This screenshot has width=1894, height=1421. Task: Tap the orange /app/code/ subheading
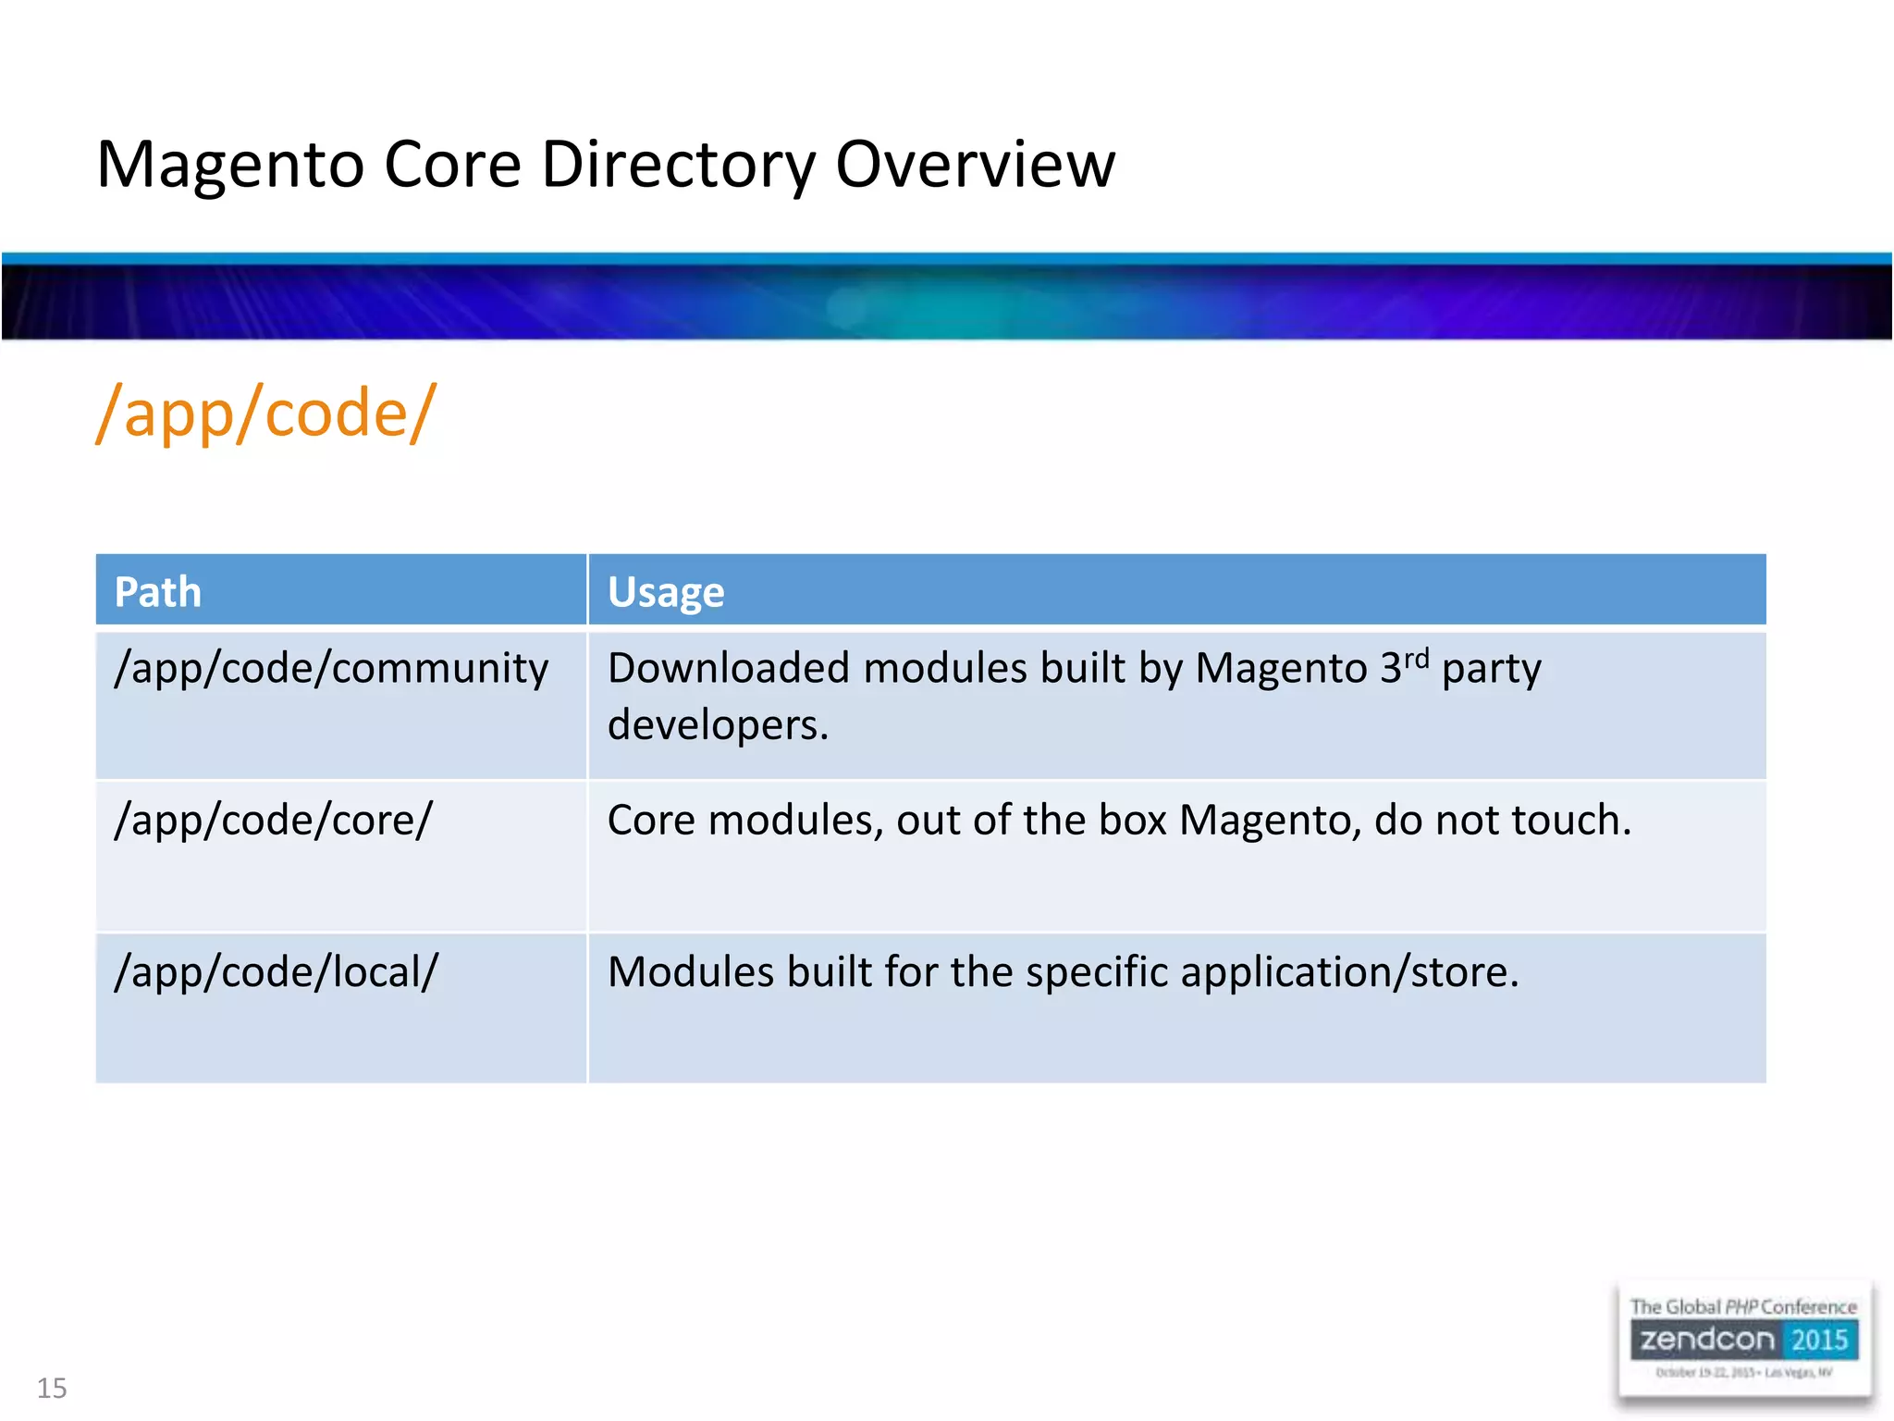tap(266, 414)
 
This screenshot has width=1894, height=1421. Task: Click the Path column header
tap(157, 592)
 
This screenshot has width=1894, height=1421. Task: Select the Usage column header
tap(666, 592)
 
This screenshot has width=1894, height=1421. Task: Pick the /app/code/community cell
tap(331, 669)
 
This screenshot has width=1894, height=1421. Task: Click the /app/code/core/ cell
tap(273, 821)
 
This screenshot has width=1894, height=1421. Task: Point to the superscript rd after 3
tap(1416, 658)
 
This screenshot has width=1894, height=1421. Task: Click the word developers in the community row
tap(717, 724)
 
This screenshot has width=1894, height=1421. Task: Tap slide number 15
tap(52, 1388)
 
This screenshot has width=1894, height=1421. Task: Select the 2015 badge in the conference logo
tap(1819, 1340)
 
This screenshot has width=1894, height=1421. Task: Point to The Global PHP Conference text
tap(1742, 1307)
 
